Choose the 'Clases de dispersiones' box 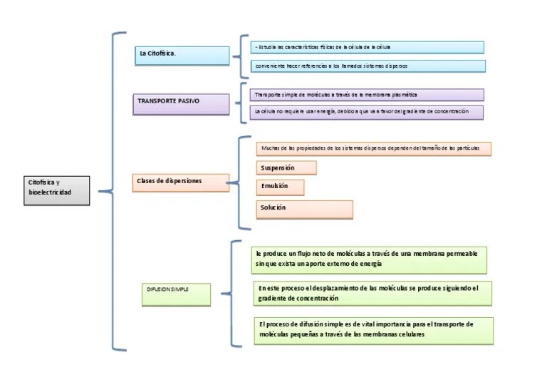181,182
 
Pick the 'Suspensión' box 286,167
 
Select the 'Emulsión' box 280,187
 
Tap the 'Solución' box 304,209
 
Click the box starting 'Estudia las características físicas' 368,47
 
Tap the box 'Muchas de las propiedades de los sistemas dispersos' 373,148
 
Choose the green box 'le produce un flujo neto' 370,259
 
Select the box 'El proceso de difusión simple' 373,330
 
